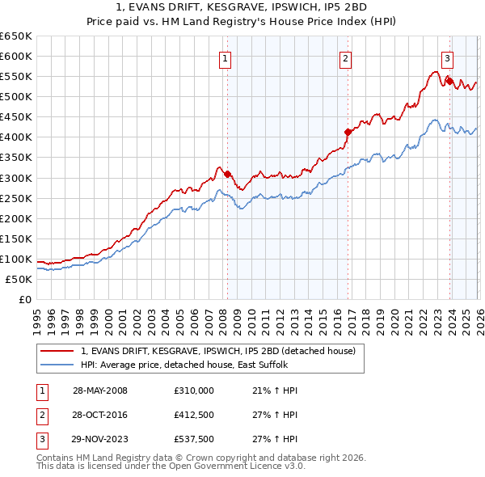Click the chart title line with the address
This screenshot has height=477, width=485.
coord(242,8)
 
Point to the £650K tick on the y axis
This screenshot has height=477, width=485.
coord(16,36)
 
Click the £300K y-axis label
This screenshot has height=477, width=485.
coord(16,178)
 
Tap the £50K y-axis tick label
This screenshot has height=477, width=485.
coord(19,279)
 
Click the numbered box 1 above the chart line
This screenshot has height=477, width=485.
coord(224,57)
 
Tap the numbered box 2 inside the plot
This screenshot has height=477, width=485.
coord(345,57)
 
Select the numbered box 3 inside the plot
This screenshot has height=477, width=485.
coord(447,57)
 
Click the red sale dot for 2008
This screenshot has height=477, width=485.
coord(227,174)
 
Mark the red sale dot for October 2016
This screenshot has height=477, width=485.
coord(348,132)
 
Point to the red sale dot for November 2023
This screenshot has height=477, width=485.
coord(449,81)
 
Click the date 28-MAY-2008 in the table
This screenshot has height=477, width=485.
coord(100,390)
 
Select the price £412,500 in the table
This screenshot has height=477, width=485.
coord(193,416)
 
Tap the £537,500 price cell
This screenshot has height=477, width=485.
coord(193,441)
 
